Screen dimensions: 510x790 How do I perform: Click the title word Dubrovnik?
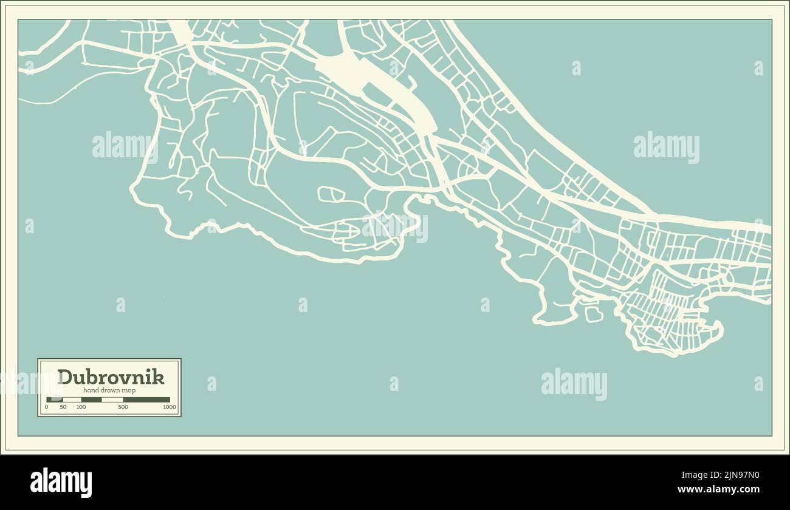tap(111, 377)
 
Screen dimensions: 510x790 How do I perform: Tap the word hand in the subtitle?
tap(91, 390)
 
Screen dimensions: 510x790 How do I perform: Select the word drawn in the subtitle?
tap(110, 390)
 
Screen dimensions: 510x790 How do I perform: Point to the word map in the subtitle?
tap(129, 390)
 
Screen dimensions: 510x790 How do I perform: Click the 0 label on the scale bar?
tap(46, 407)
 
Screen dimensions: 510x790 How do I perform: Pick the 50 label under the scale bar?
tap(63, 407)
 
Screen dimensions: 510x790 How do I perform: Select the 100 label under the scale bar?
tap(81, 407)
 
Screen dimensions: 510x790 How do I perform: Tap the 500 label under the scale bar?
tap(123, 407)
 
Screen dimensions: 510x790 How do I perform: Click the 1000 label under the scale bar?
tap(169, 407)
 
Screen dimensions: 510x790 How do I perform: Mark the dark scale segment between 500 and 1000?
tap(146, 399)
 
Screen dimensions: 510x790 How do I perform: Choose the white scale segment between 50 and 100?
tap(72, 399)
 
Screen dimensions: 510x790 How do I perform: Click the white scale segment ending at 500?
tap(112, 399)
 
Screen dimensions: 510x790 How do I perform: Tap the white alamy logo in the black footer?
tap(61, 483)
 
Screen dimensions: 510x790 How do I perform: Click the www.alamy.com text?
tap(718, 489)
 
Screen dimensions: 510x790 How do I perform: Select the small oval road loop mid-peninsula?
tap(331, 194)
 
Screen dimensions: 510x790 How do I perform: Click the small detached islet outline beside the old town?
tap(593, 314)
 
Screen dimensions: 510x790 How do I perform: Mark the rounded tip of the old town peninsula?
tap(719, 331)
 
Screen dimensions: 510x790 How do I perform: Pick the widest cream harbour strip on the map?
tap(377, 85)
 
